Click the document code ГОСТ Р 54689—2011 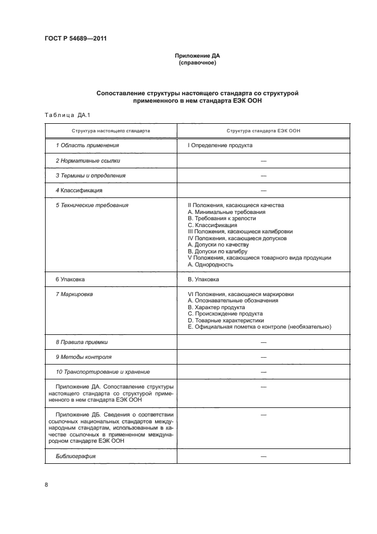(x=75, y=39)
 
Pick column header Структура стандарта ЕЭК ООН (x=263, y=131)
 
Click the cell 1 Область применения (x=87, y=145)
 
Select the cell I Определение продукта (x=220, y=145)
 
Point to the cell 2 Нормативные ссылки (x=88, y=161)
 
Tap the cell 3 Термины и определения (x=90, y=176)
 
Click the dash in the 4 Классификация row (x=264, y=191)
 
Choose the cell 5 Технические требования (x=92, y=205)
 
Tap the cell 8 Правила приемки (x=82, y=342)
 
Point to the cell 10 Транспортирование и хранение (x=103, y=372)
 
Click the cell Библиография (x=75, y=456)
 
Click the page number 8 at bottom (x=46, y=485)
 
